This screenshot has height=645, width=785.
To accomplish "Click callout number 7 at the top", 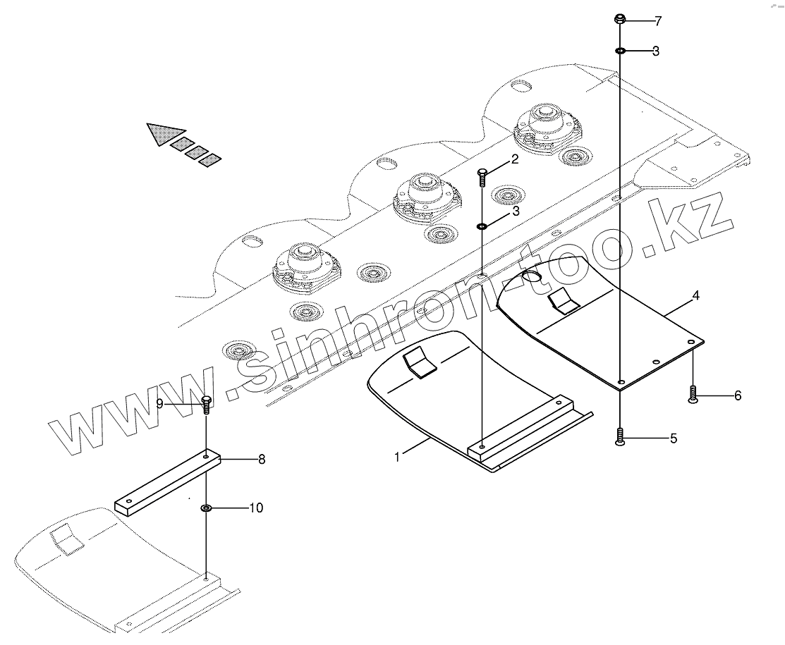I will coord(657,21).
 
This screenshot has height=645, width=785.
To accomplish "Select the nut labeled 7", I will coord(620,19).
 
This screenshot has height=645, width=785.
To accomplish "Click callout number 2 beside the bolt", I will coord(515,159).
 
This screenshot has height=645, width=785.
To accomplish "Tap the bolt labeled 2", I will coord(482,176).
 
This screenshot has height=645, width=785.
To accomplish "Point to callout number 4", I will coord(695,296).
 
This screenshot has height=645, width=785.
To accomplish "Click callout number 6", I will coord(738,395).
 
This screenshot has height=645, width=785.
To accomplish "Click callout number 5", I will coord(673,438).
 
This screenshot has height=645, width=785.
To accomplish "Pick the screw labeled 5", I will coord(619,438).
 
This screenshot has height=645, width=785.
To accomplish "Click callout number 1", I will coord(397,457).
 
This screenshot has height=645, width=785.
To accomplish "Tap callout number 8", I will coord(261,460).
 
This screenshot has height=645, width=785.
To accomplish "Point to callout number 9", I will coord(159,404).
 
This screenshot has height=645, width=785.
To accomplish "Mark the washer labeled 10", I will coord(206,508).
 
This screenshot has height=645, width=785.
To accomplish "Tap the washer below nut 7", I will coord(620,51).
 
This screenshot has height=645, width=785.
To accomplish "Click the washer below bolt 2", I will coord(482,226).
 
